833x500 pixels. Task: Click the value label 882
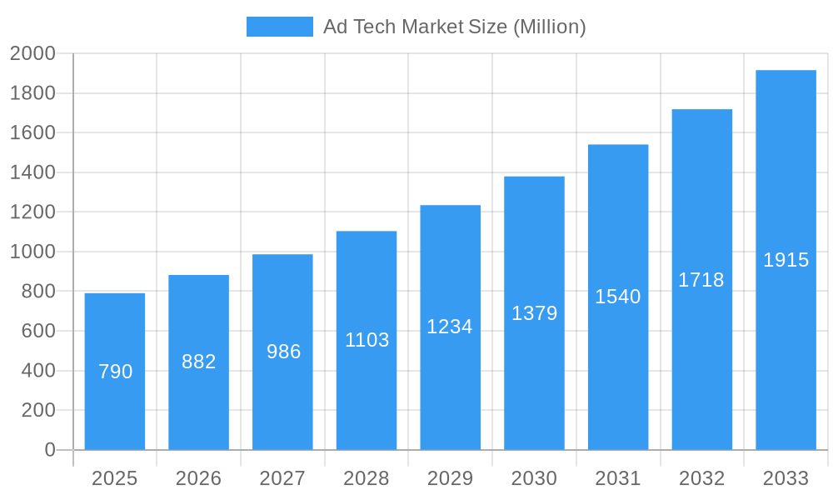tap(199, 362)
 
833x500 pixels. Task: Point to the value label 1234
tap(450, 327)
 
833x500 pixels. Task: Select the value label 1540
tap(617, 297)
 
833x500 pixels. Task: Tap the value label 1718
tap(701, 280)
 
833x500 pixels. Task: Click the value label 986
tap(283, 352)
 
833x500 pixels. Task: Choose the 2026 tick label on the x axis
tap(199, 478)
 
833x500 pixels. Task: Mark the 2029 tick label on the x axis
tap(450, 478)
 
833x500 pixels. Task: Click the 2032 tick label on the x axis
tap(701, 478)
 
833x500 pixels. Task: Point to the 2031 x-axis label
tap(617, 478)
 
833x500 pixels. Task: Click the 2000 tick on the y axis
tap(32, 54)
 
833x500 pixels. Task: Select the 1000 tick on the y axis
tap(32, 252)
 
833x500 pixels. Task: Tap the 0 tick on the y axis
tap(49, 450)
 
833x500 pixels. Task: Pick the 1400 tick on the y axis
tap(32, 172)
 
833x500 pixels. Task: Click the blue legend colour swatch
tap(280, 27)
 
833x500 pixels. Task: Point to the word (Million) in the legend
tap(549, 27)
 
